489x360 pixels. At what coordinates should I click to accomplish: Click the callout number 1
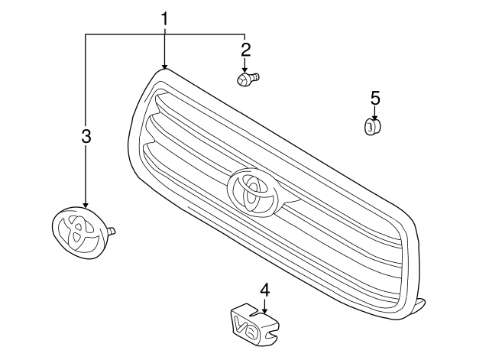tap(164, 18)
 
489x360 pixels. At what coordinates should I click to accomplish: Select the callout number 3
tap(86, 137)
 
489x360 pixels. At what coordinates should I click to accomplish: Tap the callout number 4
tap(264, 290)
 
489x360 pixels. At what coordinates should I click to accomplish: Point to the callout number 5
tap(374, 99)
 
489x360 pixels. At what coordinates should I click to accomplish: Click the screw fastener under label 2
tap(246, 79)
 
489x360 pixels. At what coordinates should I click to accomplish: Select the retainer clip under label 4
tap(254, 322)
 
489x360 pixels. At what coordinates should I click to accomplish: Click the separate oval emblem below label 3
tap(78, 231)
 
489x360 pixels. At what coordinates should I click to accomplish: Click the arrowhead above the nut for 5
tap(374, 115)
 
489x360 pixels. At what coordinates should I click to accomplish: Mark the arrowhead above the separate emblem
tap(86, 204)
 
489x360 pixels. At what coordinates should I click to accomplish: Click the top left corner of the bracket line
tap(86, 34)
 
